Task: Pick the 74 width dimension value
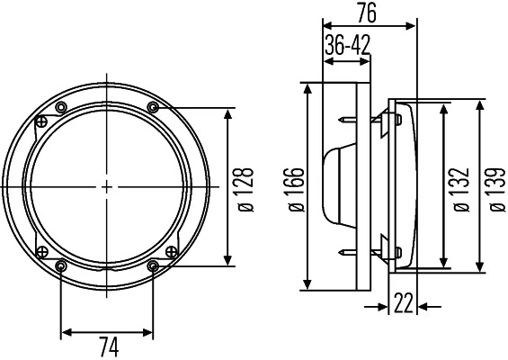[107, 346]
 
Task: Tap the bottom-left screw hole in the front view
[61, 265]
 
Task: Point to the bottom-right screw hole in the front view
[153, 265]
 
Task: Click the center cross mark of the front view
[107, 186]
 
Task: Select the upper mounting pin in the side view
[347, 119]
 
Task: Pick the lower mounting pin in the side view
[347, 254]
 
